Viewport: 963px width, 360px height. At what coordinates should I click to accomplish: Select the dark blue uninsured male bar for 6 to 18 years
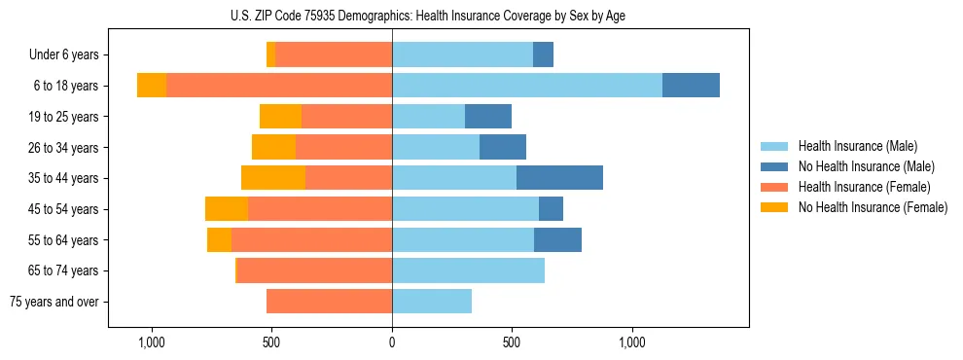pyautogui.click(x=691, y=86)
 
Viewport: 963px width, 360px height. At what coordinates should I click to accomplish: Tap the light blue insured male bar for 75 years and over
pyautogui.click(x=432, y=302)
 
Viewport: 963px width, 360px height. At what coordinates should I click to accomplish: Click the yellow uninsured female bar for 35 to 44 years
pyautogui.click(x=273, y=178)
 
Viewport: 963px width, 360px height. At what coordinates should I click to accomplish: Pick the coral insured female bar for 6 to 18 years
pyautogui.click(x=279, y=86)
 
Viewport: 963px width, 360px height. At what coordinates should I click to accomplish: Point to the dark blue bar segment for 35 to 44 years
pyautogui.click(x=559, y=178)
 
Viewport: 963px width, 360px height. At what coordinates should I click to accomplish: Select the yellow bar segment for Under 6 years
pyautogui.click(x=270, y=54)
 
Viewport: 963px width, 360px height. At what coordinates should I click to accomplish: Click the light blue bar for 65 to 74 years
pyautogui.click(x=468, y=270)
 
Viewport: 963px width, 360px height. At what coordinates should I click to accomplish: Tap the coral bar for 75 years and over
pyautogui.click(x=329, y=302)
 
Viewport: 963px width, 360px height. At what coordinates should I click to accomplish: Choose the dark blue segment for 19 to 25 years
pyautogui.click(x=488, y=117)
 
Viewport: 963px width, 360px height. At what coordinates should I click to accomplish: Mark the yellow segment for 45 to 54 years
pyautogui.click(x=227, y=209)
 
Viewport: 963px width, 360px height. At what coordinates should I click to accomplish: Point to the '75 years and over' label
pyautogui.click(x=54, y=303)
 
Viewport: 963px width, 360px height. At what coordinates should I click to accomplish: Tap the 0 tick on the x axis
pyautogui.click(x=392, y=342)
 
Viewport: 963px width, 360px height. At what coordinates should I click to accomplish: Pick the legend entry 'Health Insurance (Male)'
pyautogui.click(x=857, y=146)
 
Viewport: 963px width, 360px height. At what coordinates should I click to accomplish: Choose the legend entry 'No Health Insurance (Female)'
pyautogui.click(x=873, y=207)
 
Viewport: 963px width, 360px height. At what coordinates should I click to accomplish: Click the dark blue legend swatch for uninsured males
pyautogui.click(x=774, y=166)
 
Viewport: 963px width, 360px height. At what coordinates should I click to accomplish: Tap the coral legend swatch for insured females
pyautogui.click(x=774, y=187)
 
